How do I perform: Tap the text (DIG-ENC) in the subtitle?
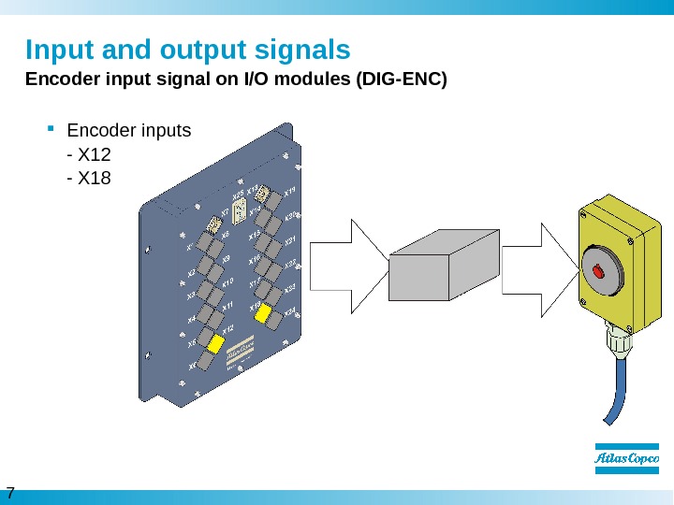tap(397, 79)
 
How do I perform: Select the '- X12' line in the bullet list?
tap(90, 153)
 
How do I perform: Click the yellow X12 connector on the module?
tap(217, 344)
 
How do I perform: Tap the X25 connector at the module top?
tap(238, 209)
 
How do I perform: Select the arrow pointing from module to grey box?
tap(346, 267)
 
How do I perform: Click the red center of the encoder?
tap(599, 271)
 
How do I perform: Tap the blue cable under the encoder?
tap(619, 393)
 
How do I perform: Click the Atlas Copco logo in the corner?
tap(628, 458)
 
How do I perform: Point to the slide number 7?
tap(10, 493)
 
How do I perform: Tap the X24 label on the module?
tap(290, 310)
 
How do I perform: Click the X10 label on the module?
tap(227, 282)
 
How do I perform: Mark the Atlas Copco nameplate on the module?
tap(242, 353)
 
